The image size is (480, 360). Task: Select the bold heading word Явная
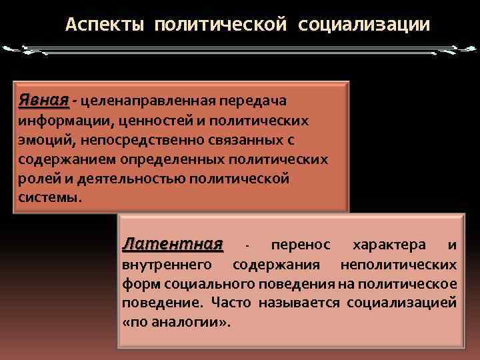pos(43,100)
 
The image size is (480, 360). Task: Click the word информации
pos(59,121)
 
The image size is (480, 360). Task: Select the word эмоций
pos(41,141)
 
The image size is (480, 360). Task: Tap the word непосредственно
pos(128,141)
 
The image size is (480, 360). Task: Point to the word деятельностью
pos(133,179)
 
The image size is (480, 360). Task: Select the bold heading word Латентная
pos(173,245)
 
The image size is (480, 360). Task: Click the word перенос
pos(296,245)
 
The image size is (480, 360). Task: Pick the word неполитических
pos(398,265)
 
